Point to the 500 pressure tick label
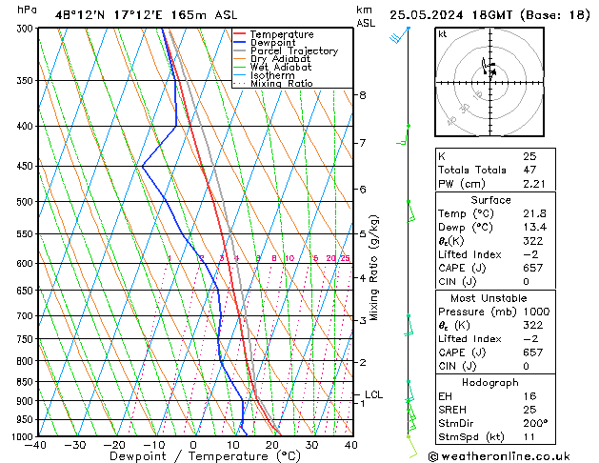click(x=23, y=202)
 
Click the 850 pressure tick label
click(x=23, y=382)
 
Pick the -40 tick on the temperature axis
click(x=36, y=444)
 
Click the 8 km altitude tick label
click(x=363, y=95)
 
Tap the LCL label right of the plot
click(x=373, y=394)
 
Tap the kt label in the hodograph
click(x=442, y=34)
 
